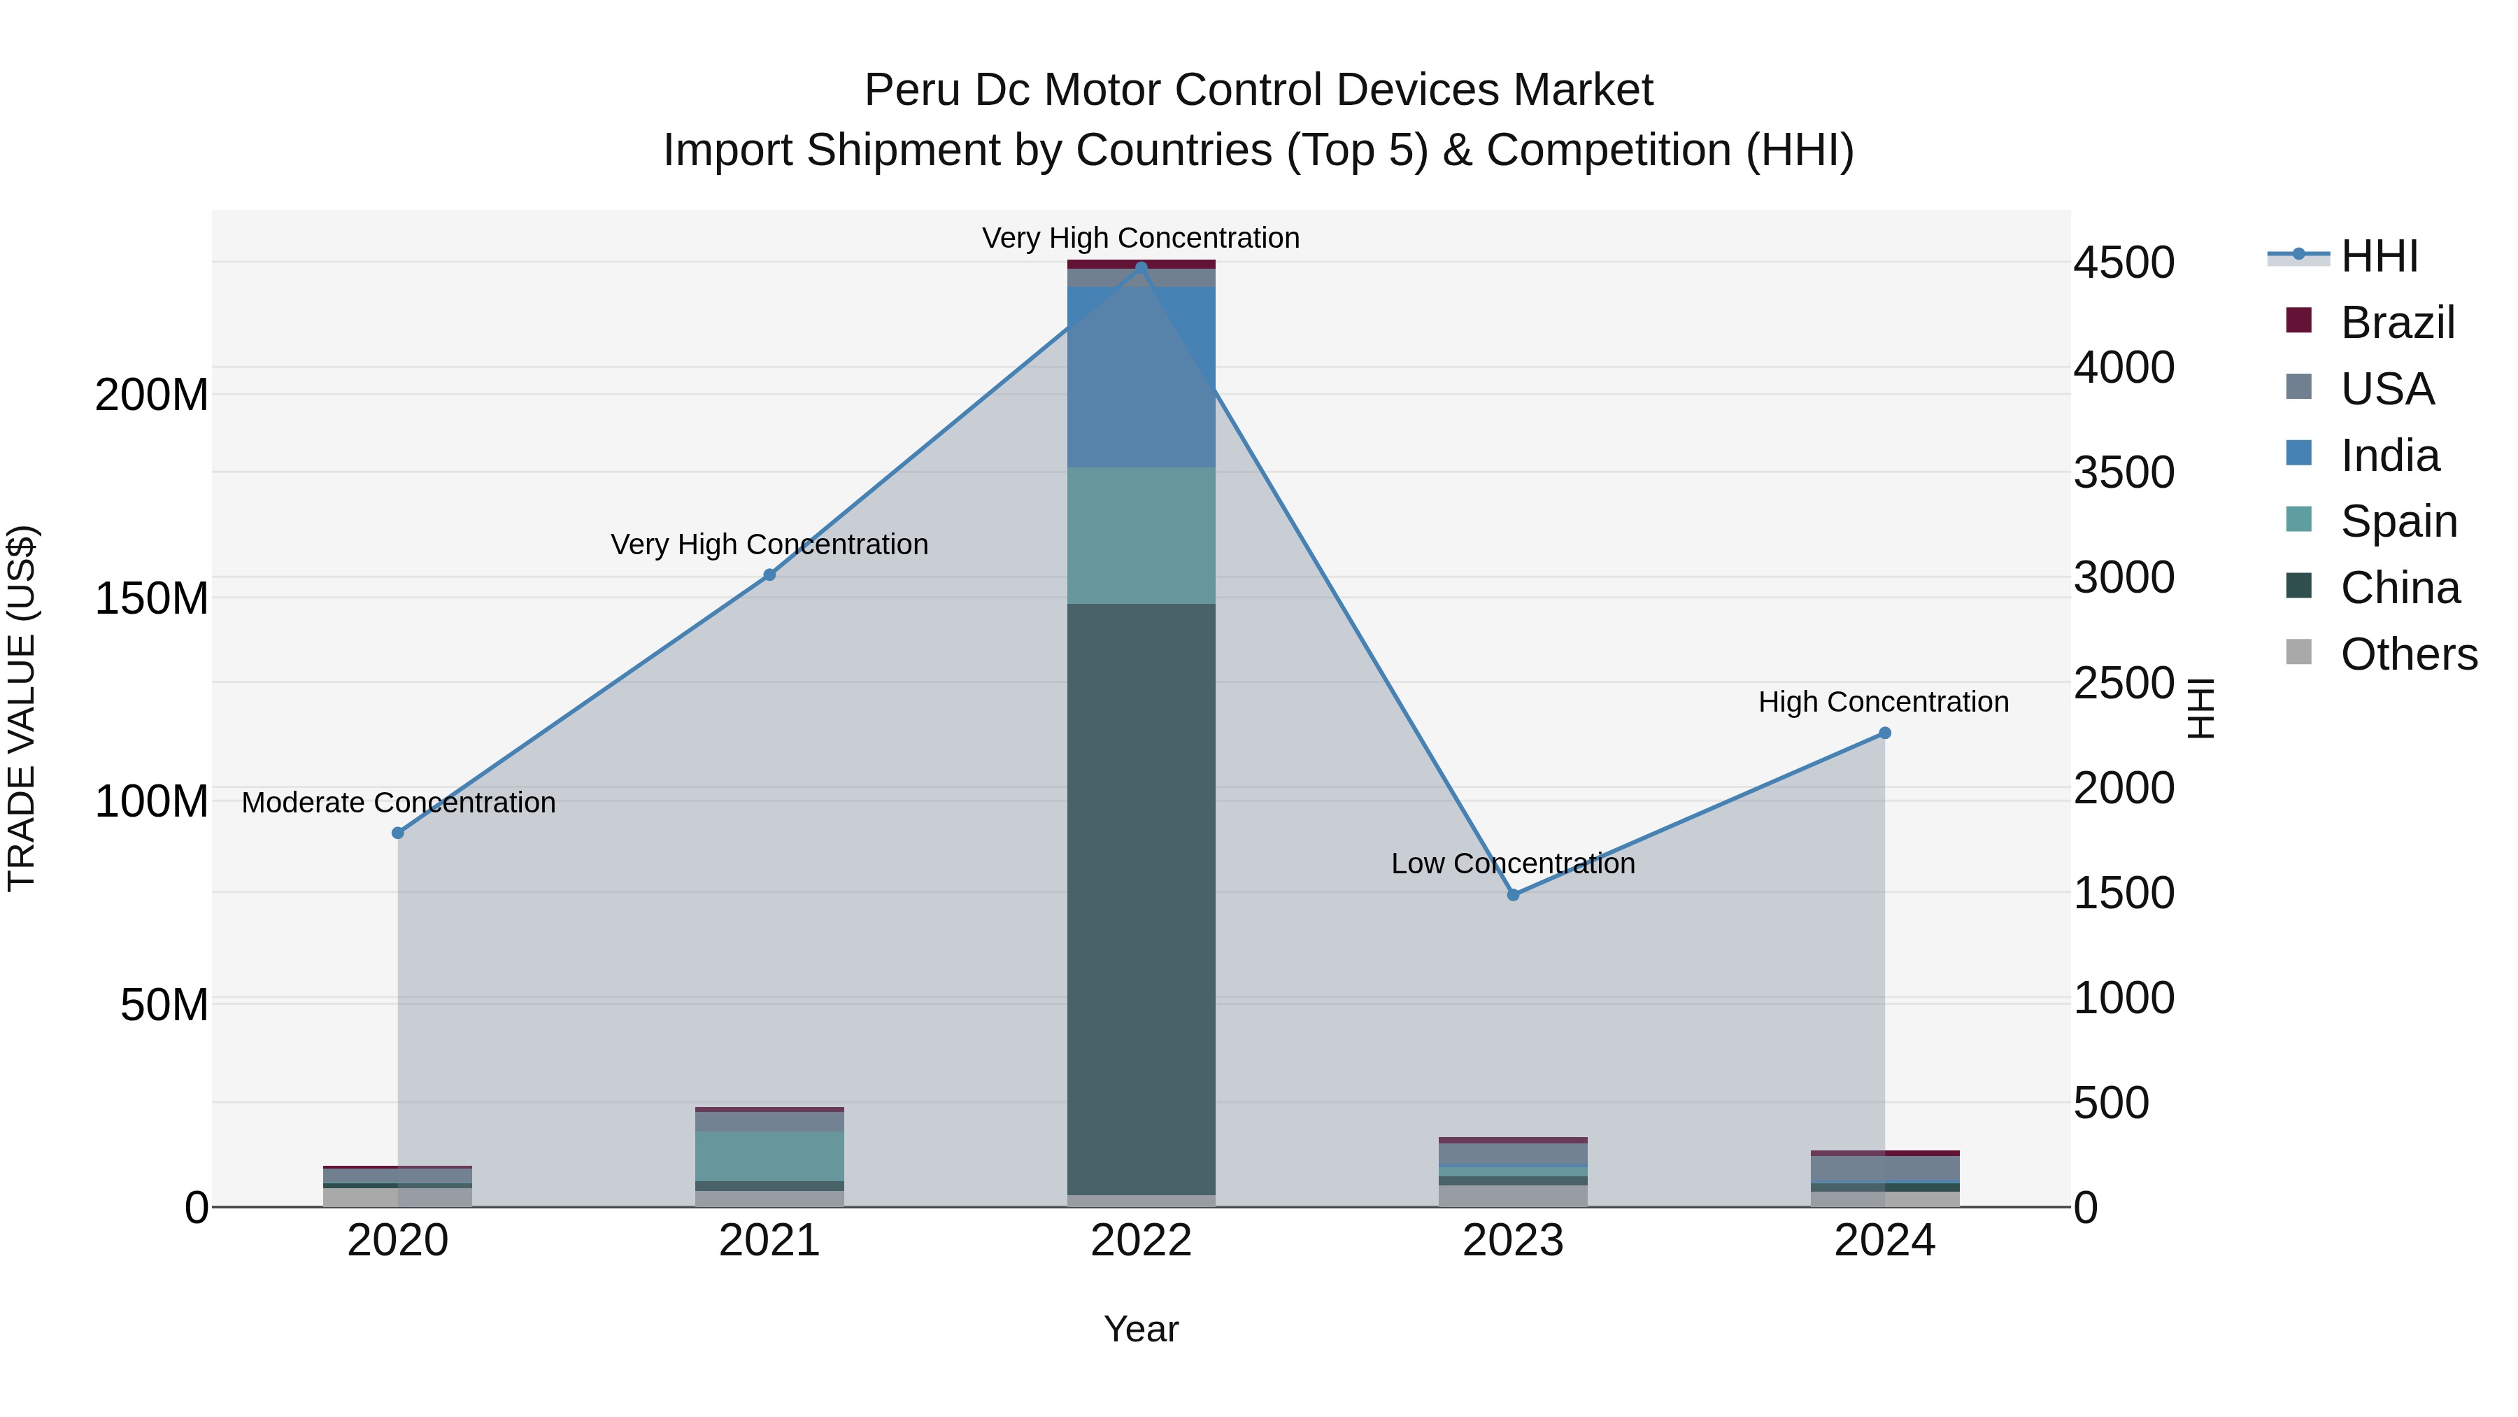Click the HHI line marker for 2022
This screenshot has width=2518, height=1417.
(1141, 267)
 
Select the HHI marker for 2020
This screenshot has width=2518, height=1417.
(398, 833)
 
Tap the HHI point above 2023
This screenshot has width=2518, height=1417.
(1513, 895)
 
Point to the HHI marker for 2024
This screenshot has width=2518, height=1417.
(1884, 733)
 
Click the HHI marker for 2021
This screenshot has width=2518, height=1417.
(769, 575)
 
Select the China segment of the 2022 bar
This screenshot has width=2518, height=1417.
(1141, 900)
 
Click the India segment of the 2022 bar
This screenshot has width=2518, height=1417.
(1141, 376)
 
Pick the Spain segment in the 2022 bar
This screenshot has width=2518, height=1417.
(1141, 536)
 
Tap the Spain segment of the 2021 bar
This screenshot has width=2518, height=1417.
(769, 1156)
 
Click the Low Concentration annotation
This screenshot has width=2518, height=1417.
(1512, 863)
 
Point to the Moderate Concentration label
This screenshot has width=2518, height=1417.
(399, 803)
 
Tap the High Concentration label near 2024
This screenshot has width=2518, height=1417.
(1883, 702)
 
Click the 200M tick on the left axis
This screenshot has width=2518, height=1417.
(152, 395)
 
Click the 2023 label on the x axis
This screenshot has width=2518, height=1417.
(1513, 1241)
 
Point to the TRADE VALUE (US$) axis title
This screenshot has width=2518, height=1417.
(22, 708)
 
